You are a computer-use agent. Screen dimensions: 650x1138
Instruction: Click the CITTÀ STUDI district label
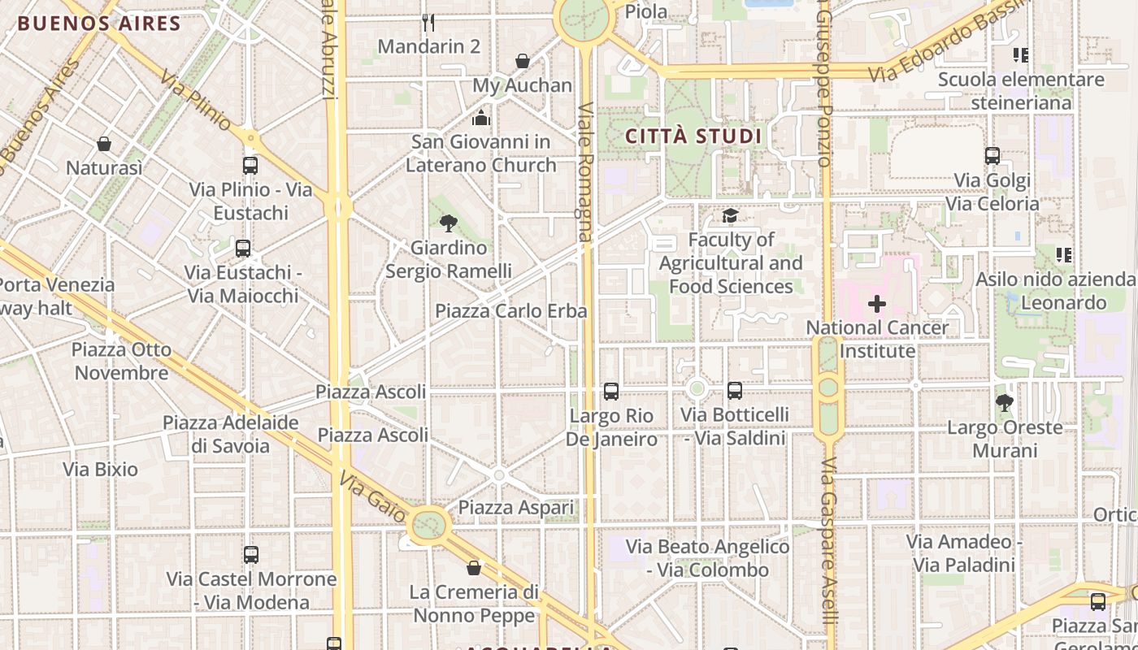(693, 136)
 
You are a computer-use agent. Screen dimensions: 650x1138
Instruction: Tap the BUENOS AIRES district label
(98, 23)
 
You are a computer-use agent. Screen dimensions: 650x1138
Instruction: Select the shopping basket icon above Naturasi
(104, 144)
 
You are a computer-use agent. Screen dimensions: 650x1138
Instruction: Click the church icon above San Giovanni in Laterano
(481, 118)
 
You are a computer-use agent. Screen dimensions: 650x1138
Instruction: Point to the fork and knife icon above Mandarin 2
(429, 22)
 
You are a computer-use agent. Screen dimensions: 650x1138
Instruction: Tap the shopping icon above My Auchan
(523, 61)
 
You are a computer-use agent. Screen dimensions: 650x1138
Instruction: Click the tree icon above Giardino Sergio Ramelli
(448, 223)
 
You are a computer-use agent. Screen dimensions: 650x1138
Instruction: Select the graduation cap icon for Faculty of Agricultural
(730, 215)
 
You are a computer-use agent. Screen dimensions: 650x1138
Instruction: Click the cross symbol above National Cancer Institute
(876, 304)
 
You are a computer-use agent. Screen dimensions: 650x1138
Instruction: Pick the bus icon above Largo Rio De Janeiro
(611, 392)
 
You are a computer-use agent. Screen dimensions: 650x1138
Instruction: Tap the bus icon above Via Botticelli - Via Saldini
(735, 391)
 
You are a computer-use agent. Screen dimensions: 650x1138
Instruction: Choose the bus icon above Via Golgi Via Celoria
(992, 156)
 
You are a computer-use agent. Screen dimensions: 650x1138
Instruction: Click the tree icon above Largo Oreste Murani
(1005, 402)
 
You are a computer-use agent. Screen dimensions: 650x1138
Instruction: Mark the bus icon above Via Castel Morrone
(251, 555)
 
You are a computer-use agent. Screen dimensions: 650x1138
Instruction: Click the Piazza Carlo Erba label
(510, 311)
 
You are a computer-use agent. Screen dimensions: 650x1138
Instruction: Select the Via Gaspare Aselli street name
(828, 552)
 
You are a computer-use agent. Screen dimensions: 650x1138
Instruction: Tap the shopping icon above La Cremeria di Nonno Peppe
(474, 567)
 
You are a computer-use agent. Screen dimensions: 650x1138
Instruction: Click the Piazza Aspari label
(515, 508)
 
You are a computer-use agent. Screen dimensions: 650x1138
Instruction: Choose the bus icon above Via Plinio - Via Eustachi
(250, 165)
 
